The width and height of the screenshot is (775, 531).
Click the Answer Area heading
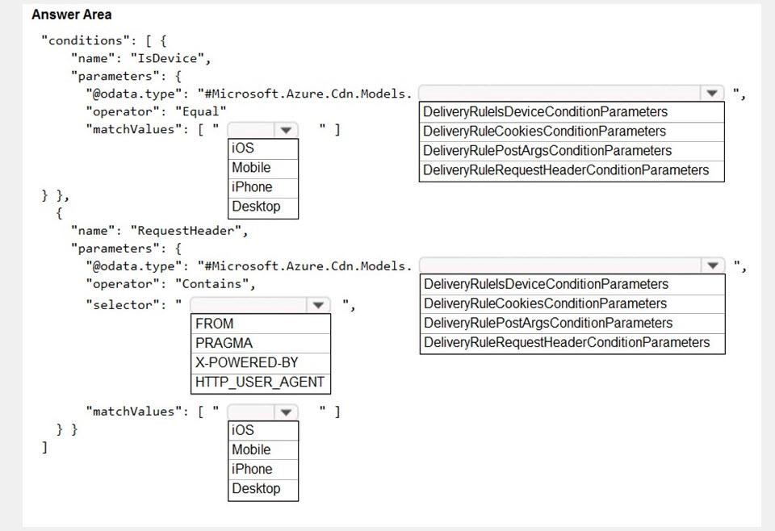[x=72, y=15]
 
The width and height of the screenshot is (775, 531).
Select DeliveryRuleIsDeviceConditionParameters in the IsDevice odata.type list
[x=545, y=111]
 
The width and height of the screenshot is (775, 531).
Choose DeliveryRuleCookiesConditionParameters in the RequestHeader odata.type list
[x=545, y=303]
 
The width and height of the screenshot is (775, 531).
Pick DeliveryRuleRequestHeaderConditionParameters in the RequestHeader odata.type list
[x=567, y=342]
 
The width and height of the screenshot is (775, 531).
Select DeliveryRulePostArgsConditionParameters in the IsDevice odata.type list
[x=547, y=150]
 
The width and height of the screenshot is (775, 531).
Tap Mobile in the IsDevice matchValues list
[x=251, y=167]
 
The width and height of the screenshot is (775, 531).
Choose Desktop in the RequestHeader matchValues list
[x=256, y=488]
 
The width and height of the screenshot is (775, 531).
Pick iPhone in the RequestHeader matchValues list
[x=252, y=469]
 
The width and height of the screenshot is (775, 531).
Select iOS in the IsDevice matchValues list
[x=243, y=148]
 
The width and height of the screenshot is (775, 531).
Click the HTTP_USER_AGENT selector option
[x=260, y=382]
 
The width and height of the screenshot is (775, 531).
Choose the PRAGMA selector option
[x=224, y=343]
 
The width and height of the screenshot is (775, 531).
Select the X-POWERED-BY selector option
[x=247, y=362]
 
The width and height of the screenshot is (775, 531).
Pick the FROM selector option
[x=214, y=324]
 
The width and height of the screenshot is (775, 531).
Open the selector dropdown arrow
[x=318, y=305]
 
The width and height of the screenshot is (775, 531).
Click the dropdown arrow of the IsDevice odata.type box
[x=712, y=93]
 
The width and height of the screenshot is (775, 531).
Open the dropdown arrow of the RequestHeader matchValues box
[x=286, y=412]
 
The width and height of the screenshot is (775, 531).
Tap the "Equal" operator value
[x=201, y=111]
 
